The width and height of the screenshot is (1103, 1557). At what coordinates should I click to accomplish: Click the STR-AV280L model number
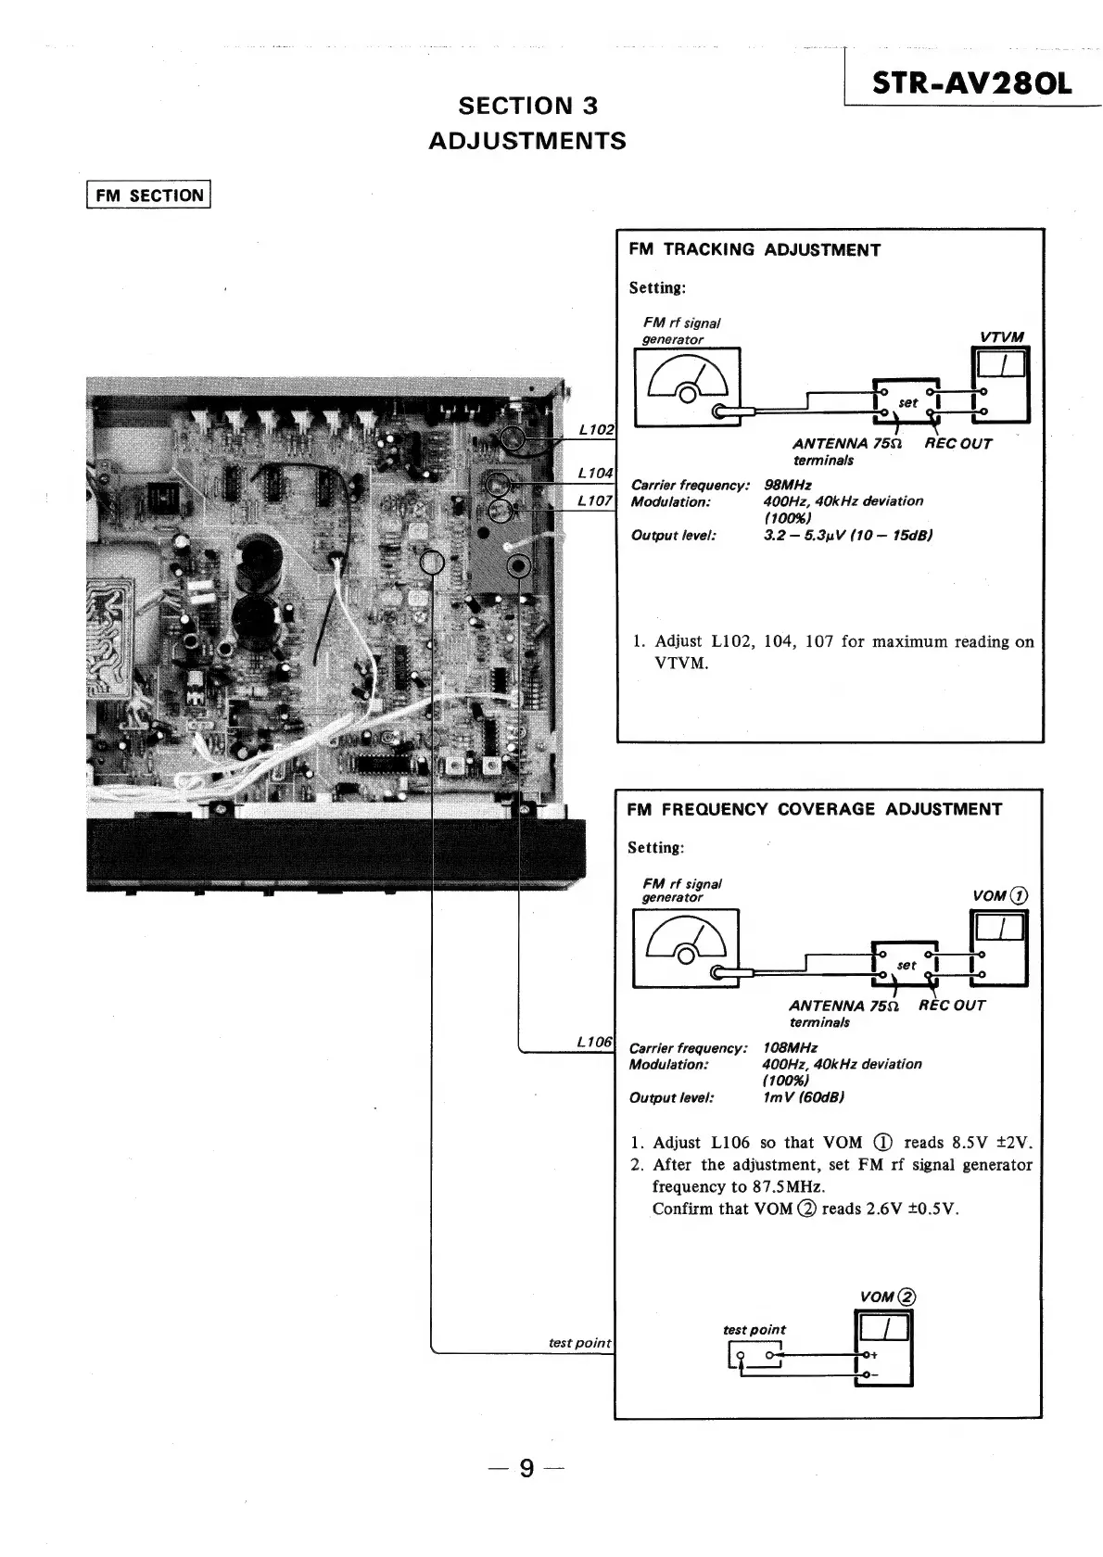(x=970, y=83)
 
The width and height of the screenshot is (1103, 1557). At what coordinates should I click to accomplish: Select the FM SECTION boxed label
(x=148, y=196)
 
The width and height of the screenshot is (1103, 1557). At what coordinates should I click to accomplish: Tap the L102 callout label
(x=595, y=429)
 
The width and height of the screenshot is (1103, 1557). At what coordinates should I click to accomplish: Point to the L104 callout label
(x=595, y=473)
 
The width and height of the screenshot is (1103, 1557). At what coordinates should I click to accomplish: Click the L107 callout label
(x=595, y=500)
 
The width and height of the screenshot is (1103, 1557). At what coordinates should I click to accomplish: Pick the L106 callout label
(x=594, y=1042)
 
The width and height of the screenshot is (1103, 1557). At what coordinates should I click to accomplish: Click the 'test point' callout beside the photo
(x=580, y=1342)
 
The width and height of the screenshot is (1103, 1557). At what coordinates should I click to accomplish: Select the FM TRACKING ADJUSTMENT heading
(x=754, y=250)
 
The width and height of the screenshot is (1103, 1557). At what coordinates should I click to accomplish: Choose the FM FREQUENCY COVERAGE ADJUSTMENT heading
(x=814, y=809)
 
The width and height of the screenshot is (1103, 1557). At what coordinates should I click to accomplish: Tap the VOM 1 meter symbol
(x=998, y=945)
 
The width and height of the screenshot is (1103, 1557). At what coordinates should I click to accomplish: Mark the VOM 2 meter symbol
(x=884, y=1347)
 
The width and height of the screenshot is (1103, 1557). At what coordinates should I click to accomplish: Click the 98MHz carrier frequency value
(x=787, y=485)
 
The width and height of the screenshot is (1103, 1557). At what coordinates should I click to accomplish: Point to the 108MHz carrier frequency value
(x=789, y=1047)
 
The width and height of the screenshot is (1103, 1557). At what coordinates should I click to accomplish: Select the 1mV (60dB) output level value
(x=802, y=1097)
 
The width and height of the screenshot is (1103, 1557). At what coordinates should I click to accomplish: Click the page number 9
(x=526, y=1468)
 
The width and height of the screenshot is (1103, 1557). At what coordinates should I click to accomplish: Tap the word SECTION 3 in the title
(x=527, y=106)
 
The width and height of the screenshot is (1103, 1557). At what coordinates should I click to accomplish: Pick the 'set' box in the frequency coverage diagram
(x=906, y=965)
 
